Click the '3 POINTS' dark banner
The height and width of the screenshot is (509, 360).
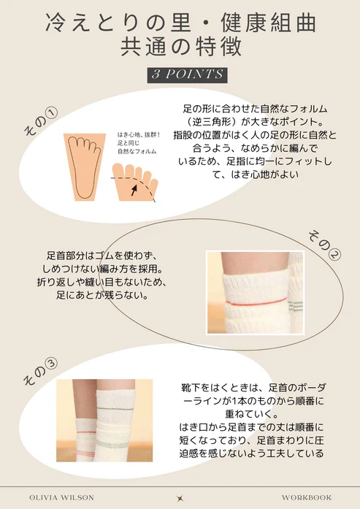point(187,75)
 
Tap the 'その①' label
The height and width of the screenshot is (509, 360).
point(41,122)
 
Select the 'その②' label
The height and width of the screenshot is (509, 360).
point(324,245)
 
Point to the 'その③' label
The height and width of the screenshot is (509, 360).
point(41,372)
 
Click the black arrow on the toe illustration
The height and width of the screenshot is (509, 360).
point(134,190)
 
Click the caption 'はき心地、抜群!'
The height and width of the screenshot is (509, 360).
point(139,134)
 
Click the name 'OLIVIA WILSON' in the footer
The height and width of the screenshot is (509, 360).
point(61,497)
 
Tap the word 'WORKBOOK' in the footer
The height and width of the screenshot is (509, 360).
point(307,497)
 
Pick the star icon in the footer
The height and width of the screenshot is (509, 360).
point(180,498)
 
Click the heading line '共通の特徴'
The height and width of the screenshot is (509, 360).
point(181,47)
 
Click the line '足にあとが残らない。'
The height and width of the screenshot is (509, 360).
point(102,296)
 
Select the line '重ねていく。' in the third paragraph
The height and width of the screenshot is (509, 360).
point(252,414)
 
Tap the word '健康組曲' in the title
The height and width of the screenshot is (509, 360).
point(269,23)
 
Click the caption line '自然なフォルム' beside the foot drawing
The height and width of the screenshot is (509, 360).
point(137,151)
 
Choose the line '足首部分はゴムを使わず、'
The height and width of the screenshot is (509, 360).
point(102,256)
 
